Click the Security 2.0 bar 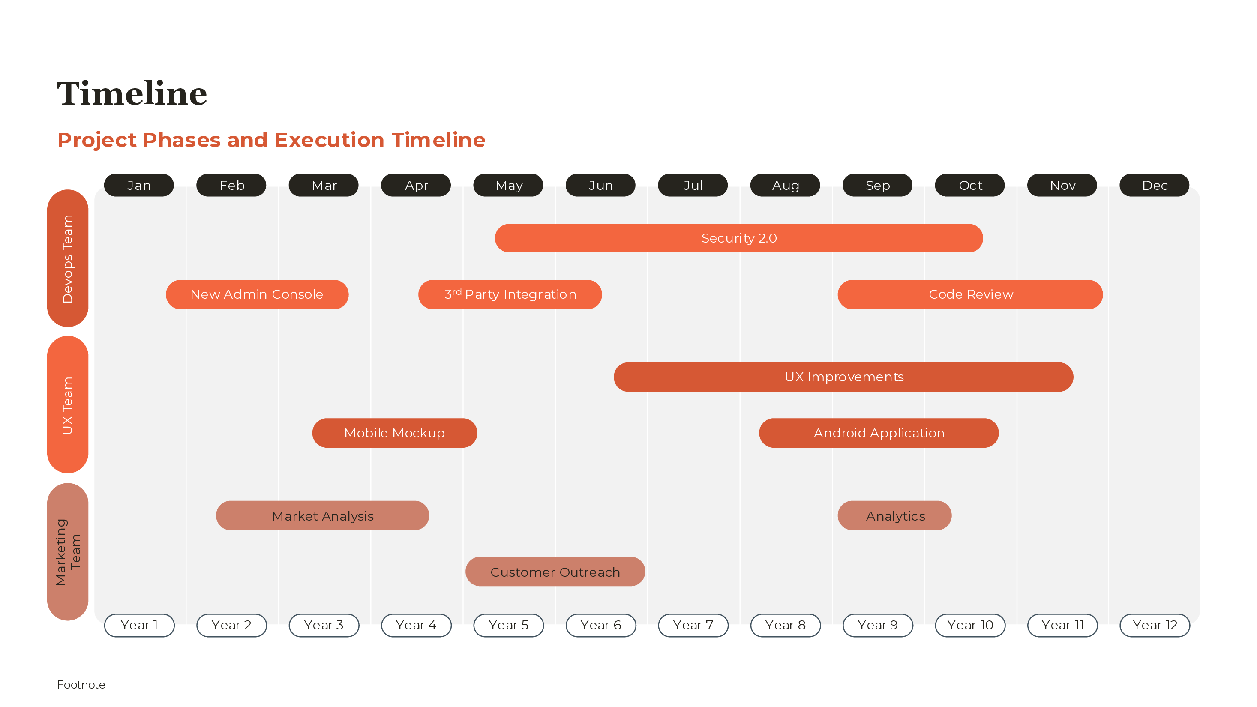point(738,238)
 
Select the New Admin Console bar point(257,294)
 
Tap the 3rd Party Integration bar point(510,294)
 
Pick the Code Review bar point(970,294)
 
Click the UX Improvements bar point(843,377)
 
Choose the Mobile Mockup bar point(394,433)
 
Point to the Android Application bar point(878,433)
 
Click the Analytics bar point(894,516)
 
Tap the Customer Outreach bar point(555,572)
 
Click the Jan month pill point(138,186)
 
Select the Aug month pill point(785,186)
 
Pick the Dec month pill point(1154,186)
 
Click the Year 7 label point(693,625)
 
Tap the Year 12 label point(1155,625)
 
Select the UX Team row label point(67,404)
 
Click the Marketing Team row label point(67,552)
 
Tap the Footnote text point(81,685)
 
